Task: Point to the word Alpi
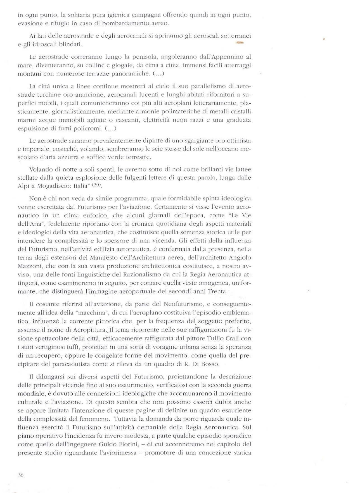click(23, 187)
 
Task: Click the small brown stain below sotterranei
click(240, 43)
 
